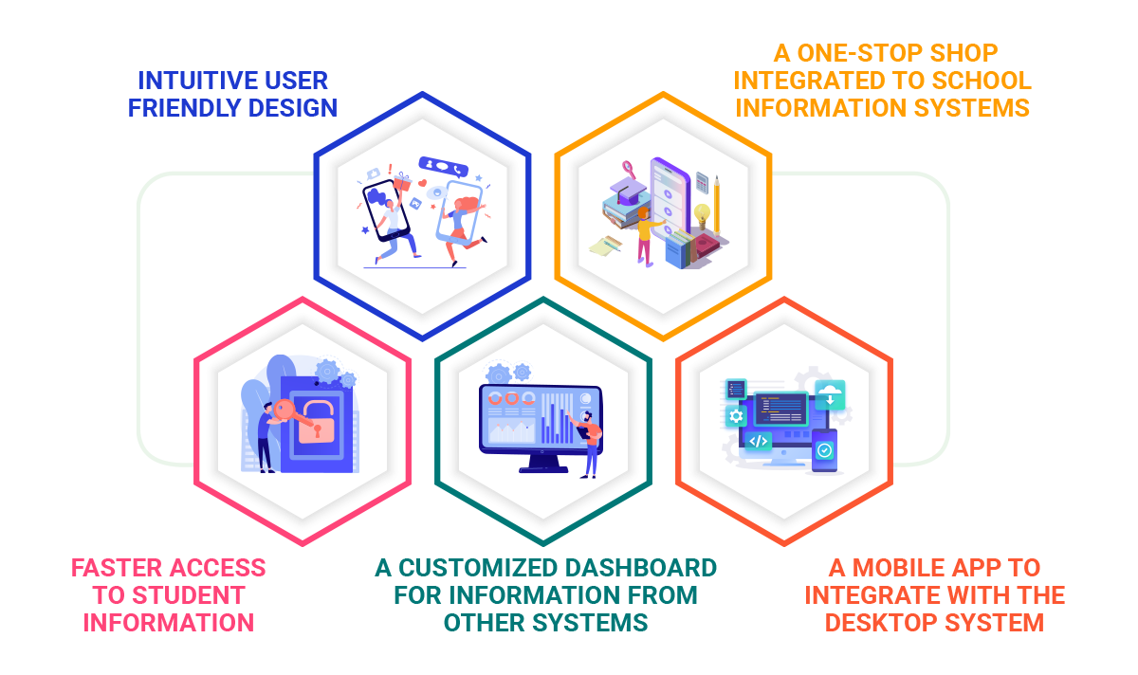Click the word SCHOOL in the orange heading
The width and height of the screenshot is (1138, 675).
click(x=979, y=80)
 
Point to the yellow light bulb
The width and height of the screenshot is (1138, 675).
click(x=702, y=213)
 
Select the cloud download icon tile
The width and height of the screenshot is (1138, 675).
click(x=830, y=393)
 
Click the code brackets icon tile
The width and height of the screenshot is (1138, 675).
click(x=757, y=441)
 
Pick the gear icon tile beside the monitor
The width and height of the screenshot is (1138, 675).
click(x=736, y=416)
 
